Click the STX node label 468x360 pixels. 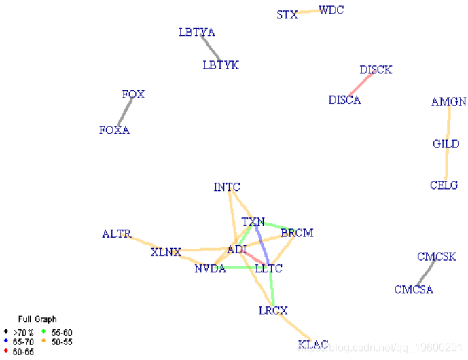pos(287,14)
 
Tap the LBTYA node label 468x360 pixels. pos(197,32)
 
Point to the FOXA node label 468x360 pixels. pos(114,130)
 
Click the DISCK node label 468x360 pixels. pos(376,70)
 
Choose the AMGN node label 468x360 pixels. pos(449,103)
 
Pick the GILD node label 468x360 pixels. pos(446,144)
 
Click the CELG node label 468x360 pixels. pos(444,185)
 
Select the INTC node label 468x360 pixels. pos(227,187)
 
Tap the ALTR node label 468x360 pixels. pos(116,234)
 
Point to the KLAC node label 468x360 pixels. pos(313,345)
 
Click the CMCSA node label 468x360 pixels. pos(414,290)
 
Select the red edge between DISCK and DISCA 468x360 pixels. pos(361,85)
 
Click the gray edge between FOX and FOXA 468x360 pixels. pos(124,112)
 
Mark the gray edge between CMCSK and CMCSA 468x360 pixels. pos(426,273)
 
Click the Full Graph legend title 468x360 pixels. pos(37,319)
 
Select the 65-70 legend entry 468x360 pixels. pos(23,342)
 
